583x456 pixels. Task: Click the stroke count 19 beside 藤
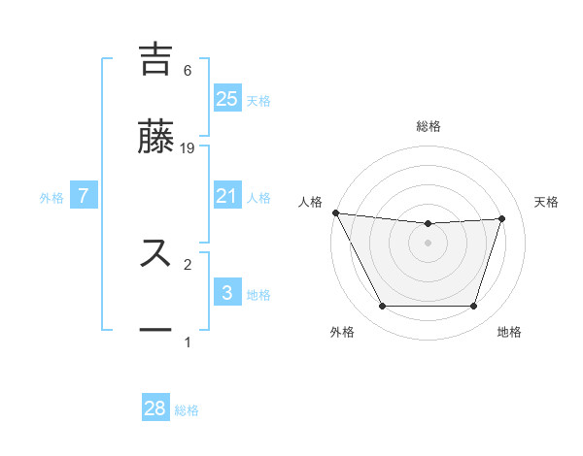(189, 147)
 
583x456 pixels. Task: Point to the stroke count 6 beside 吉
(187, 71)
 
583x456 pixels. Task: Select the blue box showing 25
(226, 98)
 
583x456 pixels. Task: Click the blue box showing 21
(226, 196)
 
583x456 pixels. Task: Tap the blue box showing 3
(226, 293)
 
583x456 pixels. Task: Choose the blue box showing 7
(84, 196)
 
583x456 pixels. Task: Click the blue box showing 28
(155, 408)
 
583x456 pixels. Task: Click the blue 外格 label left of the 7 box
(51, 197)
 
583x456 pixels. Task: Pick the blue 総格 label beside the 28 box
(187, 410)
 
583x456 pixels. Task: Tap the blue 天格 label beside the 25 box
(258, 100)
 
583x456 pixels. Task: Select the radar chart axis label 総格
(429, 126)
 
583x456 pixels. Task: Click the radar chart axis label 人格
(310, 202)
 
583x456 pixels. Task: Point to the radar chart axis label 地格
(509, 332)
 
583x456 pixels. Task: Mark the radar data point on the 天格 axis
(502, 218)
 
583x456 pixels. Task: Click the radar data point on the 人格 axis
(335, 212)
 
